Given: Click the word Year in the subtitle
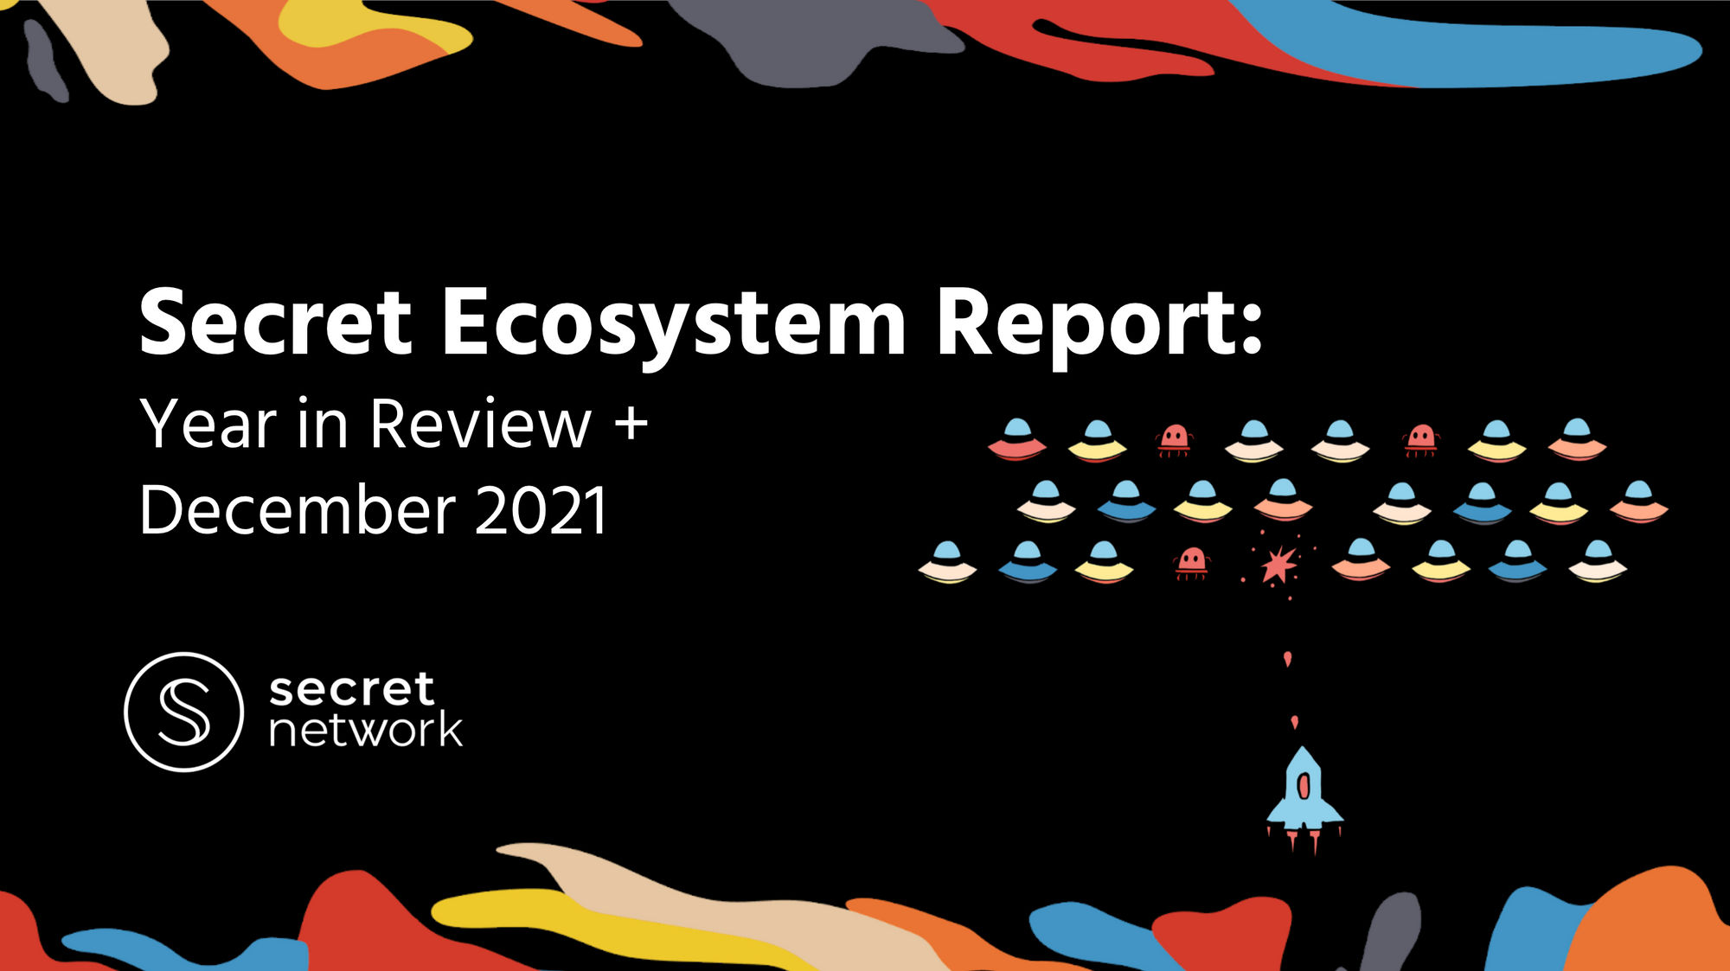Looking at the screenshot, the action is click(x=208, y=424).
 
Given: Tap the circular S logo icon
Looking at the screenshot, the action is click(x=183, y=711).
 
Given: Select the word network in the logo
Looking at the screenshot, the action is click(x=366, y=730).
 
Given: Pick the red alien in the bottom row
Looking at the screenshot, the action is click(x=1191, y=562).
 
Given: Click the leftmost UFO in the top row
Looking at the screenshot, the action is click(x=1017, y=438).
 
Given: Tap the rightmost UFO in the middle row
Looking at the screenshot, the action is click(x=1638, y=501).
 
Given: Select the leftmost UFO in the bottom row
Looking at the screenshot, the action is click(x=947, y=562).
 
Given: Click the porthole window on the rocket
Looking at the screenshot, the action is click(x=1304, y=786).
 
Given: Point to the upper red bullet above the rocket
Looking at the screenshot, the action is click(x=1288, y=660).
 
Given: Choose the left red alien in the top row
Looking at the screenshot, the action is click(x=1174, y=439).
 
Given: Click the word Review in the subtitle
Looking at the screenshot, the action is click(x=481, y=424).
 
